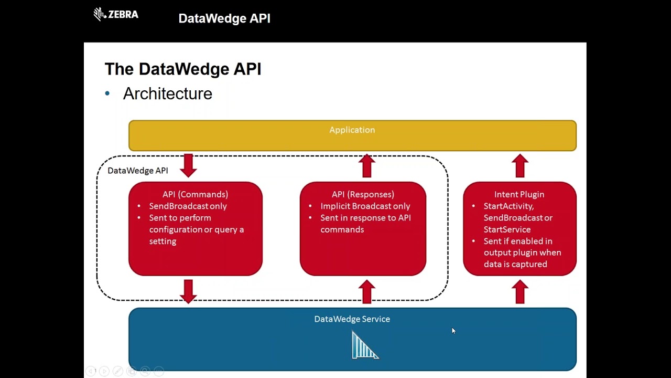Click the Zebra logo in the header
point(116,14)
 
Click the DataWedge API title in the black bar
point(224,18)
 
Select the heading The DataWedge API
point(183,69)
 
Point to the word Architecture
point(167,93)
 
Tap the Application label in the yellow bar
point(352,130)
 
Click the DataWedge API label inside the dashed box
point(137,171)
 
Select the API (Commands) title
point(195,194)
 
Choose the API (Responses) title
point(363,194)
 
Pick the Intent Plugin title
point(519,194)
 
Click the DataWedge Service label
point(352,319)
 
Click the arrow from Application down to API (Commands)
point(188,165)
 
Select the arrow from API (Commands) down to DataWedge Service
point(188,291)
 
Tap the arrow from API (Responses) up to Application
point(367,165)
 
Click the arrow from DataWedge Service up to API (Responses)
point(367,291)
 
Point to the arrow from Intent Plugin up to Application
point(520,165)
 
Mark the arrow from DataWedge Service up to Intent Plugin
point(520,291)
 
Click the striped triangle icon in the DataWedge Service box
point(364,346)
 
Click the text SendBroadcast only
point(188,206)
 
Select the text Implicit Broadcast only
point(365,206)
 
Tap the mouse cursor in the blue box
point(453,331)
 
